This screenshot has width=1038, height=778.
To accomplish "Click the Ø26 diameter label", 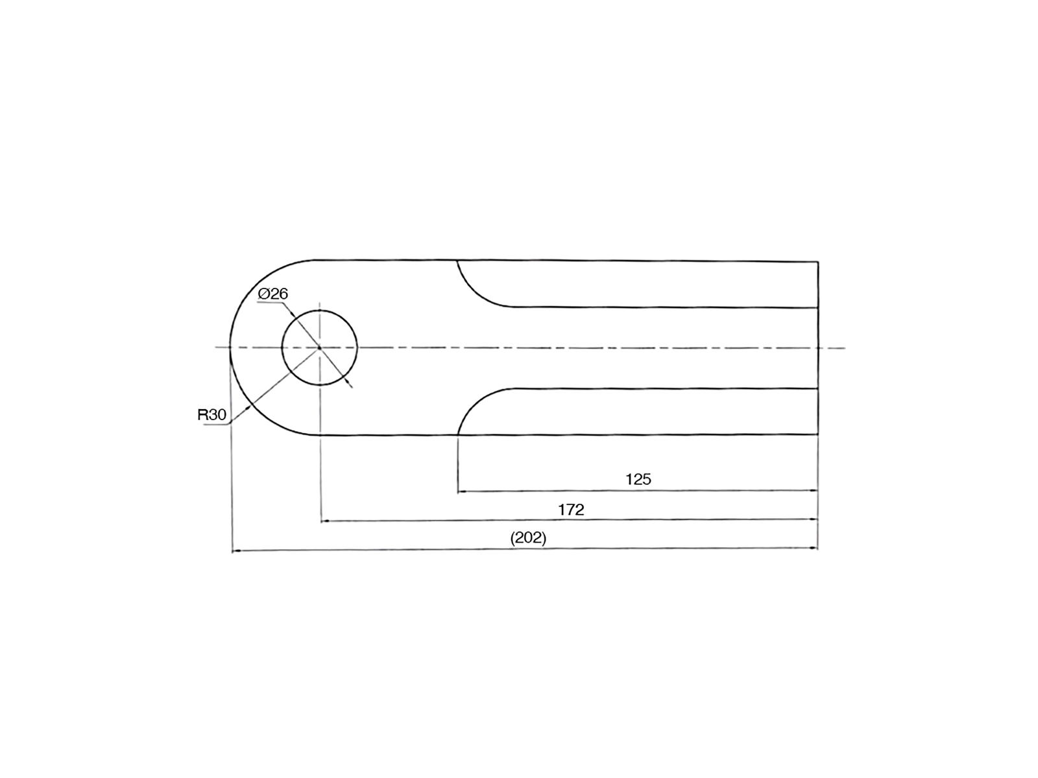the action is coord(273,294).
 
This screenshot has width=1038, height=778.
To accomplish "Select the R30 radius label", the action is coord(212,415).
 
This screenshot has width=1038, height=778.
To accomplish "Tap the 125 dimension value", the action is coord(638,480).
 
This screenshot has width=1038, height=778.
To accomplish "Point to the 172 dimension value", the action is coord(572,510).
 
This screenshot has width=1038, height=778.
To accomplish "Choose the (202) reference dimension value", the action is coord(528,538).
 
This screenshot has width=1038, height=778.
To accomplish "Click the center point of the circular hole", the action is coord(320,348).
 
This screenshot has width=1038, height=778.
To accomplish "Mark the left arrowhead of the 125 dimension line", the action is coord(462,491).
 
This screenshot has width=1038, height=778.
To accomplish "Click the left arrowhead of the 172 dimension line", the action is coord(326,521).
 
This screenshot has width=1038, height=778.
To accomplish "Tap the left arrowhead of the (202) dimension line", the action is coord(237,551).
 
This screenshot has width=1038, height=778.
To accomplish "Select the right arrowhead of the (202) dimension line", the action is coord(814,548).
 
